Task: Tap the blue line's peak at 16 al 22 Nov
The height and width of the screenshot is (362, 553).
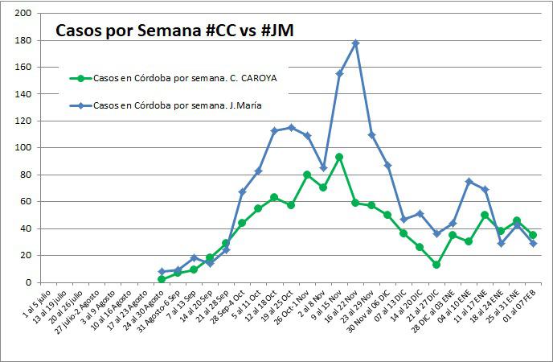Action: point(355,43)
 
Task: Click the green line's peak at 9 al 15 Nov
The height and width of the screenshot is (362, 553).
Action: point(339,157)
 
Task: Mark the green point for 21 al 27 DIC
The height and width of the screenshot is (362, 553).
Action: point(436,265)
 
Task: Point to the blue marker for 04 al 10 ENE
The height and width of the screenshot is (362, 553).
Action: point(469,182)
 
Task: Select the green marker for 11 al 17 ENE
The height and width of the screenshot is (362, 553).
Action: point(485,215)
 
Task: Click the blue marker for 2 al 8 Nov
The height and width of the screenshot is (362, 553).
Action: point(323,168)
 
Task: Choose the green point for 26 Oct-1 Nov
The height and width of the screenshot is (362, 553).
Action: point(307,175)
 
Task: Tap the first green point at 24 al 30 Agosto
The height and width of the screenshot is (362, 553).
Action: point(162,278)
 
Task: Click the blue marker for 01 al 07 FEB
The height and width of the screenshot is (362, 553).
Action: point(533,243)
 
